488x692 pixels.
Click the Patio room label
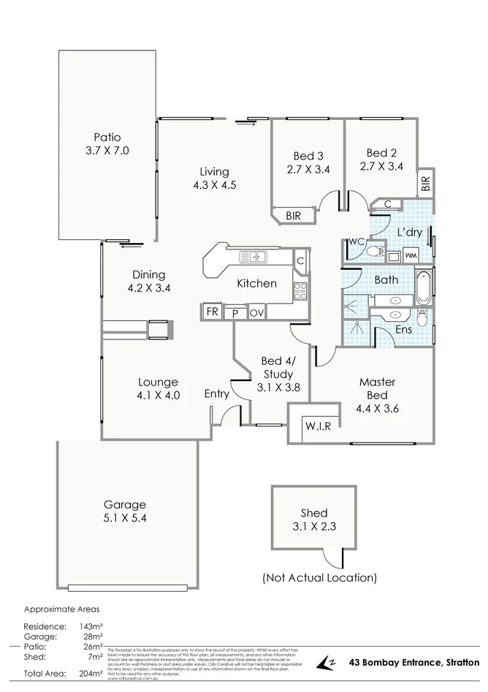pyautogui.click(x=106, y=137)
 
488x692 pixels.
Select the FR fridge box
pyautogui.click(x=212, y=312)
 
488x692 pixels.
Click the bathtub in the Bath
pyautogui.click(x=424, y=287)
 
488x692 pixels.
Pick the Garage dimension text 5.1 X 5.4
pyautogui.click(x=125, y=518)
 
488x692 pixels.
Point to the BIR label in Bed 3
pyautogui.click(x=293, y=215)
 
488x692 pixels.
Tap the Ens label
pyautogui.click(x=403, y=330)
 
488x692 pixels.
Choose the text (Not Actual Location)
pyautogui.click(x=319, y=578)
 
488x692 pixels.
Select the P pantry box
pyautogui.click(x=235, y=313)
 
